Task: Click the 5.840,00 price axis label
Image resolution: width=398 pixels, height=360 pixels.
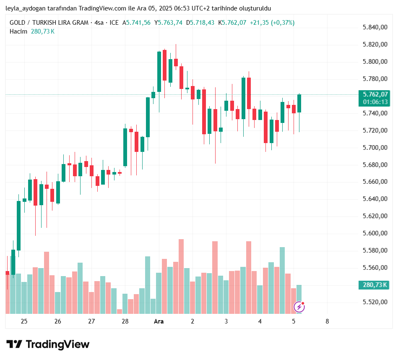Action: (x=374, y=27)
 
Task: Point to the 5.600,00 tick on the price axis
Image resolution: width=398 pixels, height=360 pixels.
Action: (x=374, y=233)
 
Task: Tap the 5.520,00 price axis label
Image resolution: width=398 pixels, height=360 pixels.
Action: (x=374, y=302)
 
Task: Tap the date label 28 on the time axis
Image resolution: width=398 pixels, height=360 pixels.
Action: (x=125, y=321)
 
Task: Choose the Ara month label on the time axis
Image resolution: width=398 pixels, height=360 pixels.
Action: (x=159, y=321)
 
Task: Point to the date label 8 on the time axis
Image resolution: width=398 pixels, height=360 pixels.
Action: (x=327, y=321)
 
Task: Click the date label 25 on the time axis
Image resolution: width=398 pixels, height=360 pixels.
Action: (x=24, y=321)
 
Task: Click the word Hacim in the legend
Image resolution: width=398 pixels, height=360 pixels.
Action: (x=18, y=31)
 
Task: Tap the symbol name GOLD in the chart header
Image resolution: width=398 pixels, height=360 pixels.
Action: (x=18, y=23)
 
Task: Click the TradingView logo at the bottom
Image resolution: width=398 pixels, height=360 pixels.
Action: (x=48, y=344)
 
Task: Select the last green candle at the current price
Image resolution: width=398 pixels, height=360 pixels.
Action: (x=299, y=103)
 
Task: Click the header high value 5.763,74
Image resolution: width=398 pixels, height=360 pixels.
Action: (x=170, y=23)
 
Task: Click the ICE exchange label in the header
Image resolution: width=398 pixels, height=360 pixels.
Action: (x=114, y=23)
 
